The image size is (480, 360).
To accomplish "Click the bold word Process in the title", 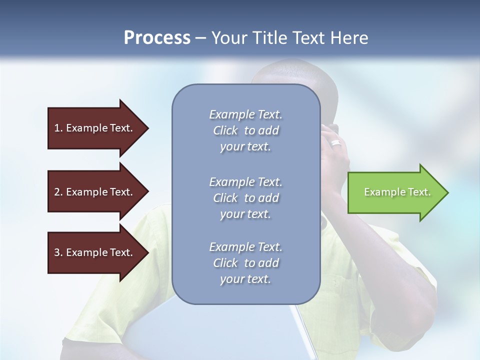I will (157, 38).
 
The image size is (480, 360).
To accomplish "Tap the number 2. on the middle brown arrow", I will (58, 192).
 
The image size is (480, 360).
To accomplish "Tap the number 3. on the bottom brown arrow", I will (58, 252).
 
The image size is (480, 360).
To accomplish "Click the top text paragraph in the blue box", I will (245, 130).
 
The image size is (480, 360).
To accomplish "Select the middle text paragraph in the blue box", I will (245, 198).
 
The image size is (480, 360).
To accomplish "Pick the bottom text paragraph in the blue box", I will (245, 263).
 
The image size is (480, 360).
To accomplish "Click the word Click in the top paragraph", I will (225, 130).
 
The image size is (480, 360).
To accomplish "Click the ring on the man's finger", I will (336, 143).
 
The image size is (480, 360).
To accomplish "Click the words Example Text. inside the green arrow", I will (397, 192).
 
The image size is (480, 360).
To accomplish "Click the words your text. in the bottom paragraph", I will (245, 279).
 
